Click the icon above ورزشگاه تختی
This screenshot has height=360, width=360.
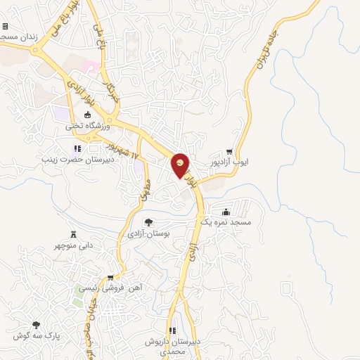[x=87, y=115]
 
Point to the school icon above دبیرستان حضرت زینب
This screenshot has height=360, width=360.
[x=77, y=148]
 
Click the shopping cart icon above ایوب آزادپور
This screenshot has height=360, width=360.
[x=229, y=151]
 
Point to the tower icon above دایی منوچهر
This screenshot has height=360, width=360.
[x=72, y=234]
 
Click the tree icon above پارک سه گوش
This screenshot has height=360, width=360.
[x=36, y=324]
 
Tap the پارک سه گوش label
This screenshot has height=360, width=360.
[x=37, y=335]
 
